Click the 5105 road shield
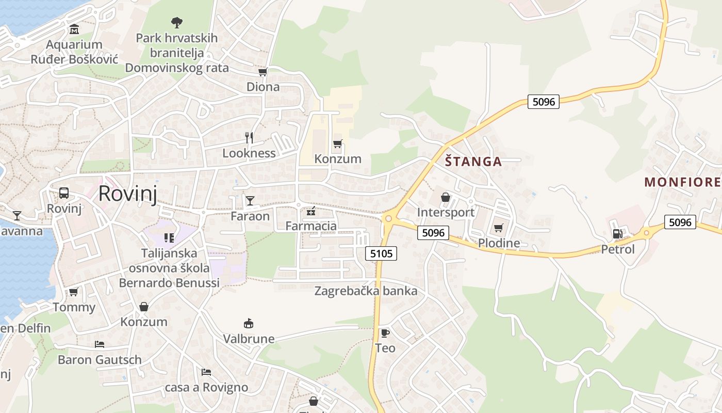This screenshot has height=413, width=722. [382, 253]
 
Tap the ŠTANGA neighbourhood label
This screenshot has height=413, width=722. [473, 162]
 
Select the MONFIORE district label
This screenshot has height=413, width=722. [682, 182]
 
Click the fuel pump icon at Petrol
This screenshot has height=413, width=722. [617, 234]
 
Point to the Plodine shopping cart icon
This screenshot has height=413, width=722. [498, 228]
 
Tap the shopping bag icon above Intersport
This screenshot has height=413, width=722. [446, 197]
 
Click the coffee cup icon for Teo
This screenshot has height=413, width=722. [385, 333]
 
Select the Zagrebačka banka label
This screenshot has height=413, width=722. [366, 291]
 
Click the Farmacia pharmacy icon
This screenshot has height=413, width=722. [311, 211]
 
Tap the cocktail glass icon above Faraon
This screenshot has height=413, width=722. [250, 200]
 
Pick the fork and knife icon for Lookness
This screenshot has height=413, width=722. [249, 137]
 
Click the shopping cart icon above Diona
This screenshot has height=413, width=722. [262, 72]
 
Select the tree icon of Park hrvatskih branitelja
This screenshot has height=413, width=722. [176, 23]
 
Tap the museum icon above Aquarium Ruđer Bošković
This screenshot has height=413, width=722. [74, 29]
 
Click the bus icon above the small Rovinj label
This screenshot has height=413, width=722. [64, 193]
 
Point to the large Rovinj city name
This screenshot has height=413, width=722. [127, 193]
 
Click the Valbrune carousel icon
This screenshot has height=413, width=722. [249, 324]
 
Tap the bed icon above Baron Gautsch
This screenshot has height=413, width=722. [99, 344]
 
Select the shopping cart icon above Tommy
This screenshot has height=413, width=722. [74, 292]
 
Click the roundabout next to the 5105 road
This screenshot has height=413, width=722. [388, 219]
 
